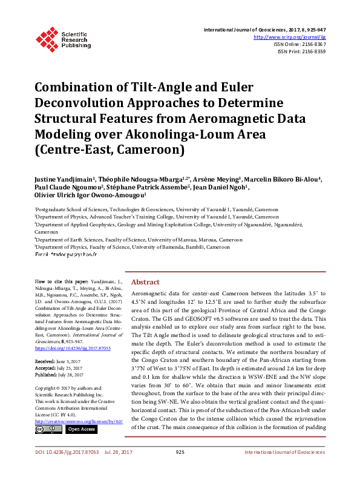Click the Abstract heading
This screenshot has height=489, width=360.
coord(145,282)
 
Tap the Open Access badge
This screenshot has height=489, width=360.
coord(80,429)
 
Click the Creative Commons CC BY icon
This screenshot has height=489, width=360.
coord(48,429)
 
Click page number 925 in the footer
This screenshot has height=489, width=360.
coord(180,469)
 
